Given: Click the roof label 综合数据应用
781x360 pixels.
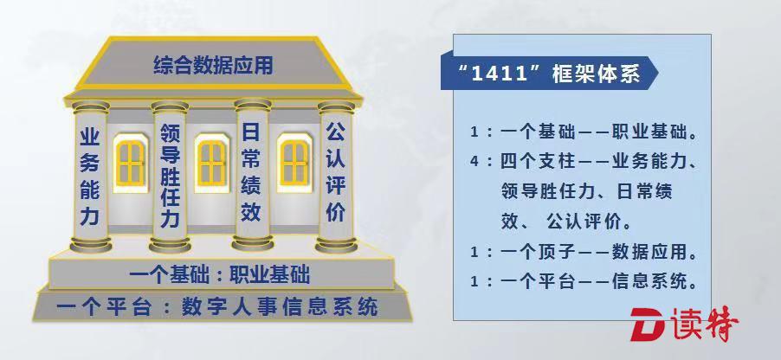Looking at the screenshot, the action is [213, 65].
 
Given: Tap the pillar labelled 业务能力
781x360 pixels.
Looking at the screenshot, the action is [90, 177].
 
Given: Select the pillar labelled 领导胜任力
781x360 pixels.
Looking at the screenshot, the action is [170, 177].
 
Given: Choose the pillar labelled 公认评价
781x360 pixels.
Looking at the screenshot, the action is [336, 177].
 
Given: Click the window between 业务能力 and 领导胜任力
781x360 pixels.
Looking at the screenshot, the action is [131, 163].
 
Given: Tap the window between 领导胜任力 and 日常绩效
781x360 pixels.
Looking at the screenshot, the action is [211, 163].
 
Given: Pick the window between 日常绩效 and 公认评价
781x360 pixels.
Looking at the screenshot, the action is [294, 163].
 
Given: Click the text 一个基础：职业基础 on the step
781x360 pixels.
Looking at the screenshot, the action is [220, 275].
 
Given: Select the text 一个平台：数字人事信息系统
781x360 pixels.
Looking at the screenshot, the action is [217, 306].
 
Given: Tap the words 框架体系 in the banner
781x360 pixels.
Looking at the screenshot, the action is [597, 74].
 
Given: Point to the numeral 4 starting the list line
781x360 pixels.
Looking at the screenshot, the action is [474, 162].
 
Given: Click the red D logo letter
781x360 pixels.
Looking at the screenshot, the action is [648, 325].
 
